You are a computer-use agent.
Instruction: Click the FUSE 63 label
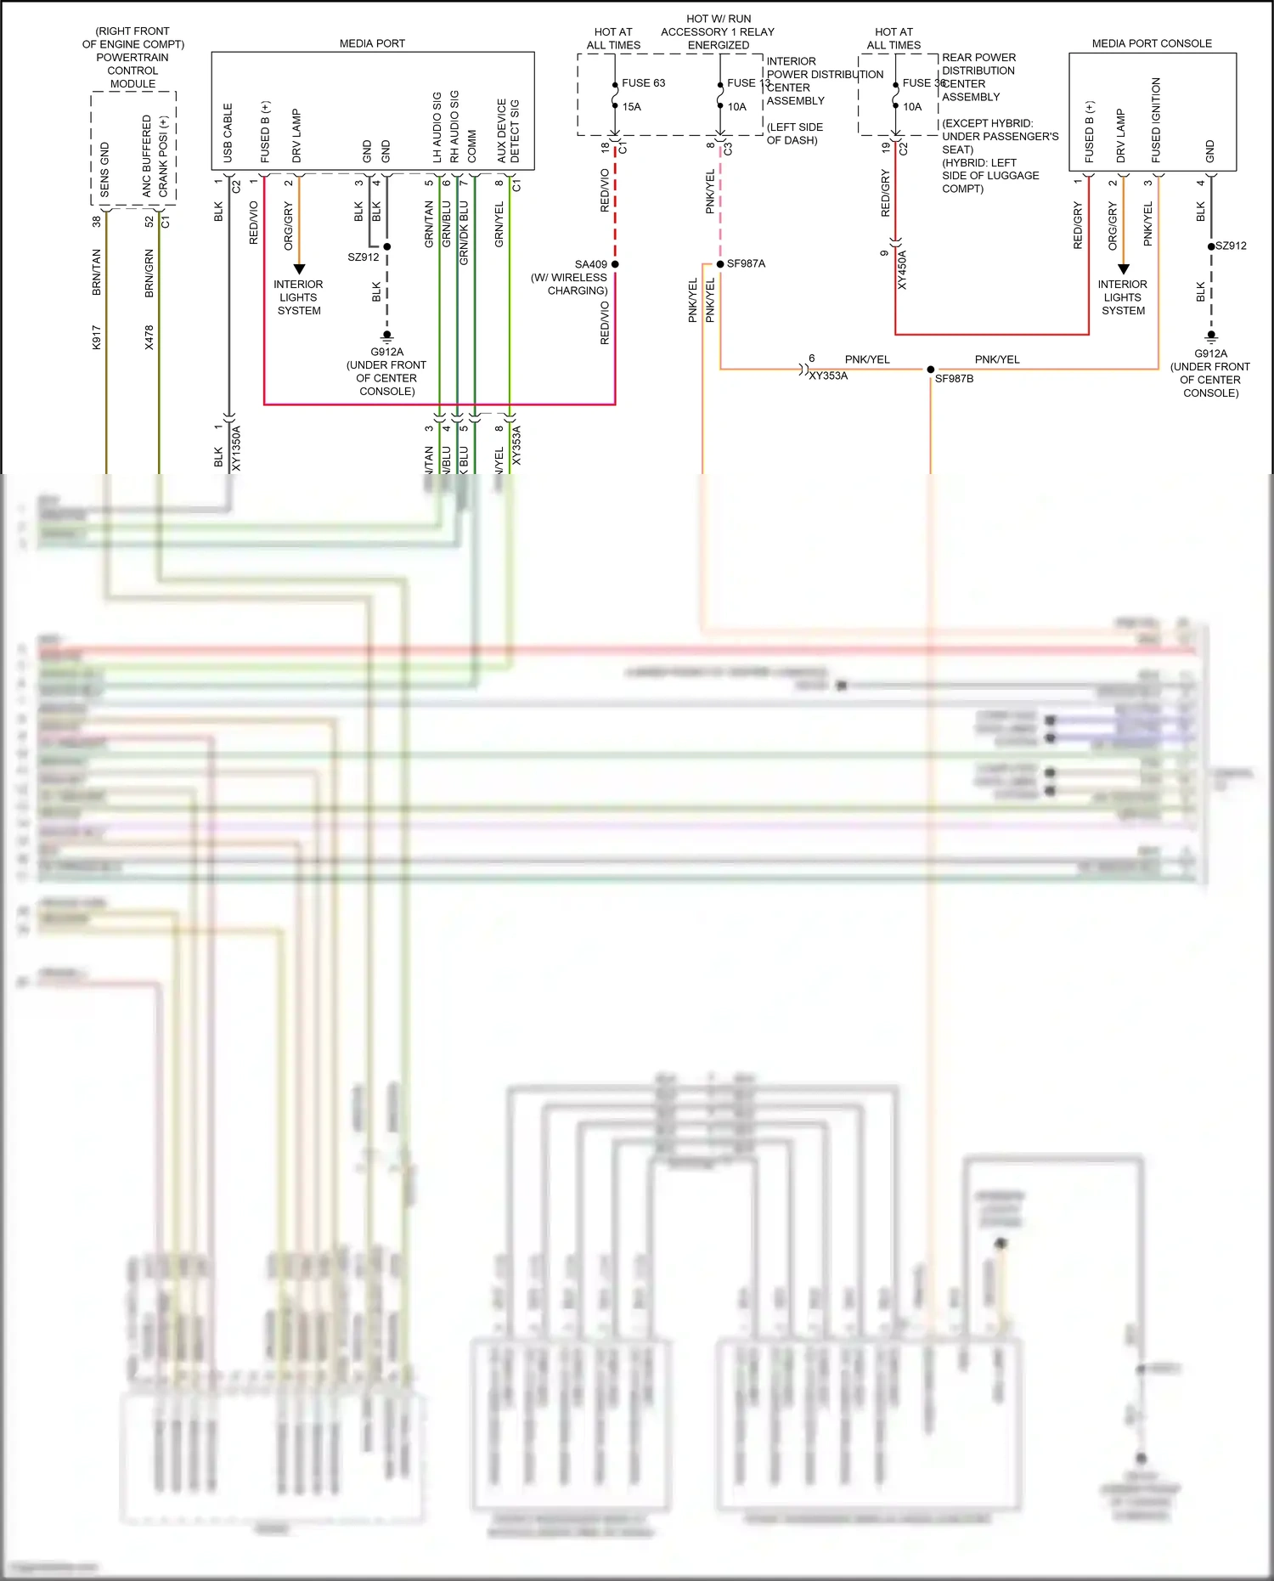(643, 83)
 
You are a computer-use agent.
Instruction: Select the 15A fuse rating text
(631, 107)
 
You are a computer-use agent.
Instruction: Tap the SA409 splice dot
(615, 264)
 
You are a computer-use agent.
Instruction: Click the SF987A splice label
(746, 264)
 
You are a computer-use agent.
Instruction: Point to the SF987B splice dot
(931, 370)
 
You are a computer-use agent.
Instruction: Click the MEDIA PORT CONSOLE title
(1152, 43)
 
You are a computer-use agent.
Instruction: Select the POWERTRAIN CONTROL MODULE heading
(132, 71)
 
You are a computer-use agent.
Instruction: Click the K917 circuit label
(97, 337)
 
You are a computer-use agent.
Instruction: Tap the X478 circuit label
(149, 337)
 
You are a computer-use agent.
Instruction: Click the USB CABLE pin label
(228, 133)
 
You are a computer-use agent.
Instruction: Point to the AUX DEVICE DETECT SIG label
(508, 131)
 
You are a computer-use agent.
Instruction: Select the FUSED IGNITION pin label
(1156, 121)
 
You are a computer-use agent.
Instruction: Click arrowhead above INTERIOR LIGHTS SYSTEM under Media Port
(299, 268)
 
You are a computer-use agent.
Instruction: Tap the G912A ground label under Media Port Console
(1210, 353)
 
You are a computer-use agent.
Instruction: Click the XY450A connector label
(902, 269)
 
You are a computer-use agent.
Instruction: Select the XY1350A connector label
(237, 448)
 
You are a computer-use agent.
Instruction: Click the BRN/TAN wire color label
(97, 272)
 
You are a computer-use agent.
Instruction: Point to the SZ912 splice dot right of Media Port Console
(1211, 246)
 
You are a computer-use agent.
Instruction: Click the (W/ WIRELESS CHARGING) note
(569, 284)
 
